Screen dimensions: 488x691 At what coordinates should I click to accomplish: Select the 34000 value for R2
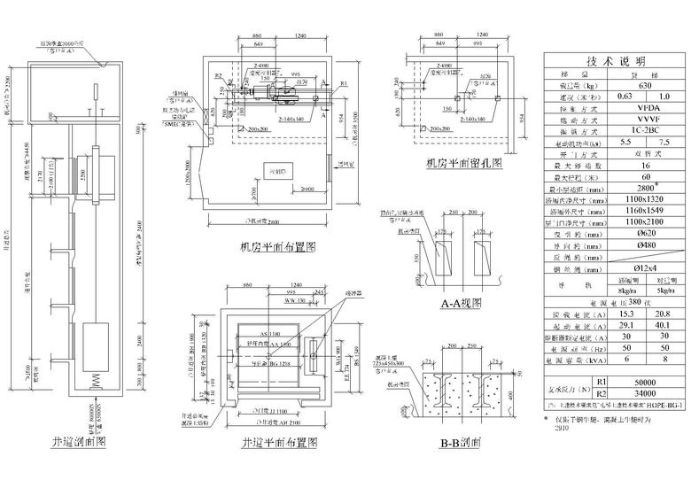(x=640, y=391)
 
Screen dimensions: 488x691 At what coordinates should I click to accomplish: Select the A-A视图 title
(x=461, y=302)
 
